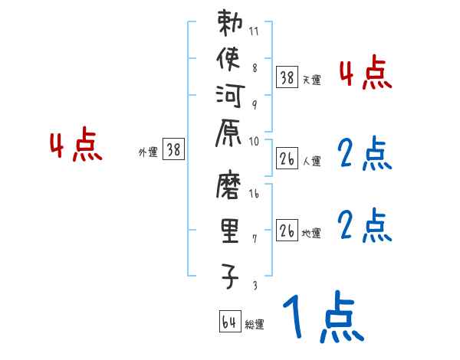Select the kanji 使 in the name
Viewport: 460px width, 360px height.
tap(230, 60)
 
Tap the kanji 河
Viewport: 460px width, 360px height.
tap(230, 97)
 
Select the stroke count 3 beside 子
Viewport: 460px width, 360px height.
tap(254, 286)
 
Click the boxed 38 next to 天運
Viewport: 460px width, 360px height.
tap(287, 77)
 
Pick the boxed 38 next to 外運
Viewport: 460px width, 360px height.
tap(173, 150)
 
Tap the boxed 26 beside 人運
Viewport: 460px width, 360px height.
tap(287, 159)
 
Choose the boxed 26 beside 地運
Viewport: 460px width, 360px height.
tap(287, 231)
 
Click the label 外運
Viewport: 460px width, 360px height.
tap(148, 152)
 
